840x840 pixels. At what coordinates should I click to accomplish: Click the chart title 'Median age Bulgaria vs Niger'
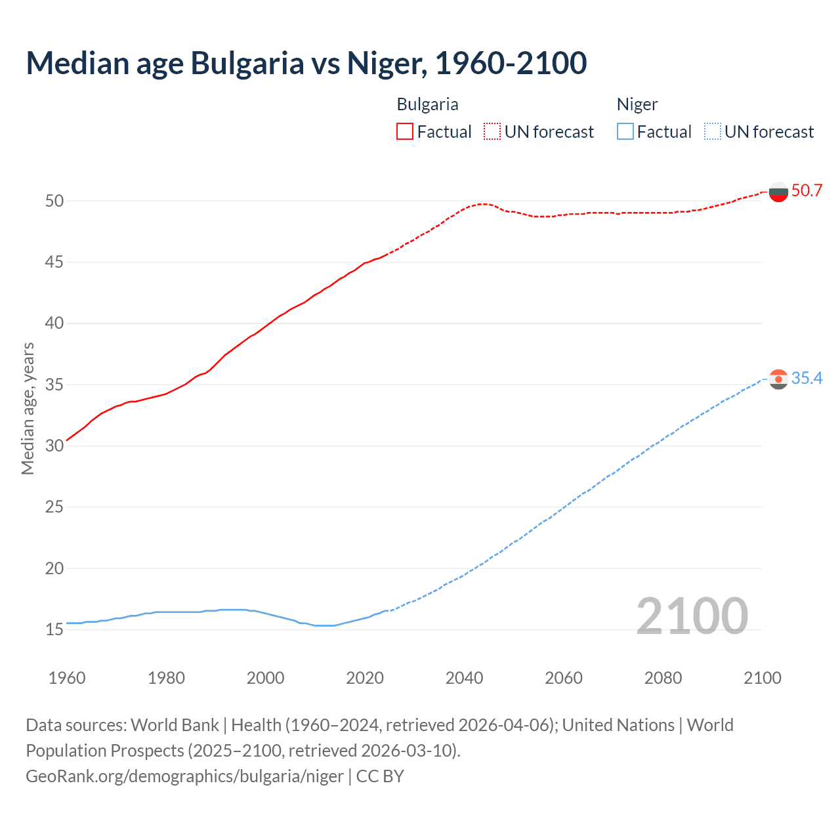(306, 63)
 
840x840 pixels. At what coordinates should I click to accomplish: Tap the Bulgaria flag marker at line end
(778, 192)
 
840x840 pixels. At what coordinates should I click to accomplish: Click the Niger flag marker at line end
(778, 379)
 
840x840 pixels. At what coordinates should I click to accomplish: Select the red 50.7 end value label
(807, 191)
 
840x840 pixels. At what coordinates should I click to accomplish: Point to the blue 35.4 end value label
(807, 379)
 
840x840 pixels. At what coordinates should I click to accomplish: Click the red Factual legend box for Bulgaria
(405, 132)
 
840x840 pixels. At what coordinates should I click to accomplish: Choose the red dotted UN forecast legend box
(492, 132)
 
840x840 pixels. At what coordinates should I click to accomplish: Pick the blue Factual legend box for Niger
(625, 132)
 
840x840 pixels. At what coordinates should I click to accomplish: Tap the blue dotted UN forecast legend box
(713, 132)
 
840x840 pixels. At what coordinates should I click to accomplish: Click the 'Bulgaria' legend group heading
(427, 104)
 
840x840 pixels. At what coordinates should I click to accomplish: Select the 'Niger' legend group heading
(637, 104)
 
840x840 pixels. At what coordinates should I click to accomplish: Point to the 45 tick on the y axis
(54, 262)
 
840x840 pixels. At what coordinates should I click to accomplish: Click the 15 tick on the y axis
(54, 630)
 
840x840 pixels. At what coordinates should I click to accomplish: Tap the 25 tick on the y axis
(54, 507)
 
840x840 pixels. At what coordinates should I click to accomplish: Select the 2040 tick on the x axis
(464, 678)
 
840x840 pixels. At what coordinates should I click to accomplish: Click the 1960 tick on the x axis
(67, 678)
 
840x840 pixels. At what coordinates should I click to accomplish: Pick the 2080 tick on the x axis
(663, 678)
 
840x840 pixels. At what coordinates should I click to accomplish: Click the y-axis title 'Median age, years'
(28, 408)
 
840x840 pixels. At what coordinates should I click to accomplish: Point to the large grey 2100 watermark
(692, 616)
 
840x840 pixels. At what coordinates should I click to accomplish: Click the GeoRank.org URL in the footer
(184, 776)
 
